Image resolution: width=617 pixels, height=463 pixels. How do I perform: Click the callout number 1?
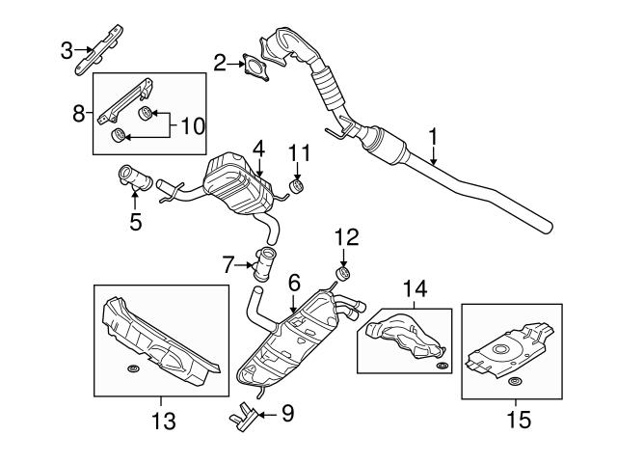434,139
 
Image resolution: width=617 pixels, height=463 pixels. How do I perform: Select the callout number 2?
221,64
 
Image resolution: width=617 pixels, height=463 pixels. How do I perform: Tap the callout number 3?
66,48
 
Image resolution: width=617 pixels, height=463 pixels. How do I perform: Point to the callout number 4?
258,150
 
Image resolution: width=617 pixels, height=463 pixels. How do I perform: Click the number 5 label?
135,221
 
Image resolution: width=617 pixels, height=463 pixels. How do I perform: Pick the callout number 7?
228,263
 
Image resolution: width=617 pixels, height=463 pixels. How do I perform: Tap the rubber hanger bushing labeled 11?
300,183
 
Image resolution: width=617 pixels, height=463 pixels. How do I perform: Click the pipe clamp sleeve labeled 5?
134,178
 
